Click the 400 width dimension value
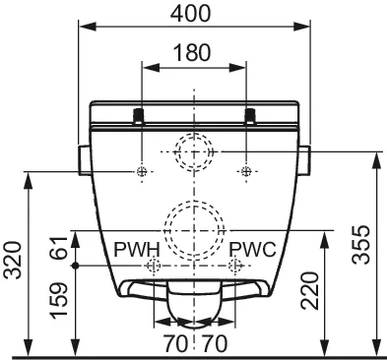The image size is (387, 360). [x=191, y=14]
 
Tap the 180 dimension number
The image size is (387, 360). [x=192, y=53]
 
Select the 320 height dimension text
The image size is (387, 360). [x=14, y=260]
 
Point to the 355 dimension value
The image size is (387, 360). [x=361, y=245]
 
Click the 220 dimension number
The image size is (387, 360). [x=310, y=290]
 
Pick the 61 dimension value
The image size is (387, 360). [x=59, y=249]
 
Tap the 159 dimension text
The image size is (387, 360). [x=59, y=300]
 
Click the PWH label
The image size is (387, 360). [x=137, y=250]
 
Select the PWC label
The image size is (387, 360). [x=252, y=250]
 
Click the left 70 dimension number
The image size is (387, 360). [x=176, y=344]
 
